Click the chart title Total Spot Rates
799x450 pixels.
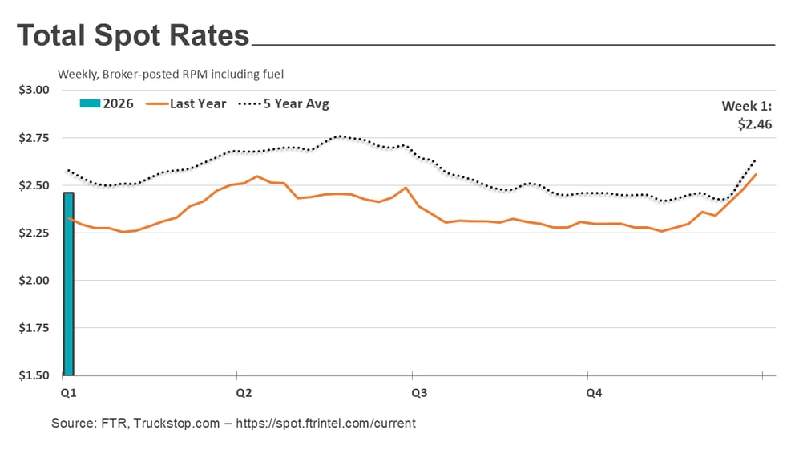[x=132, y=37]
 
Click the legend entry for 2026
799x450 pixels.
[x=107, y=103]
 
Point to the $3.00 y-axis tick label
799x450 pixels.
[x=34, y=90]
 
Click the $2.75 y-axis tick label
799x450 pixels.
[x=34, y=138]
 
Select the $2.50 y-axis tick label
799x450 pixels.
[x=34, y=185]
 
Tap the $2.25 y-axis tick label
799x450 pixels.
[x=34, y=233]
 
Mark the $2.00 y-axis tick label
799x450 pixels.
[x=34, y=281]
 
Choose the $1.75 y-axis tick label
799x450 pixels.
[x=34, y=328]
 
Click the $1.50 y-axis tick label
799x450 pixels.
[x=34, y=375]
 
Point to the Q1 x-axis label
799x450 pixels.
[x=69, y=393]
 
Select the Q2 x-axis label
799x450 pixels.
[x=244, y=393]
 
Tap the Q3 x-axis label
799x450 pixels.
[x=419, y=393]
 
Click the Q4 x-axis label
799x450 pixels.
[x=594, y=393]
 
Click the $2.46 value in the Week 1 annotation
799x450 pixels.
[x=755, y=124]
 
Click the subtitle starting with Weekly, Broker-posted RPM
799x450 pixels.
[x=170, y=74]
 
